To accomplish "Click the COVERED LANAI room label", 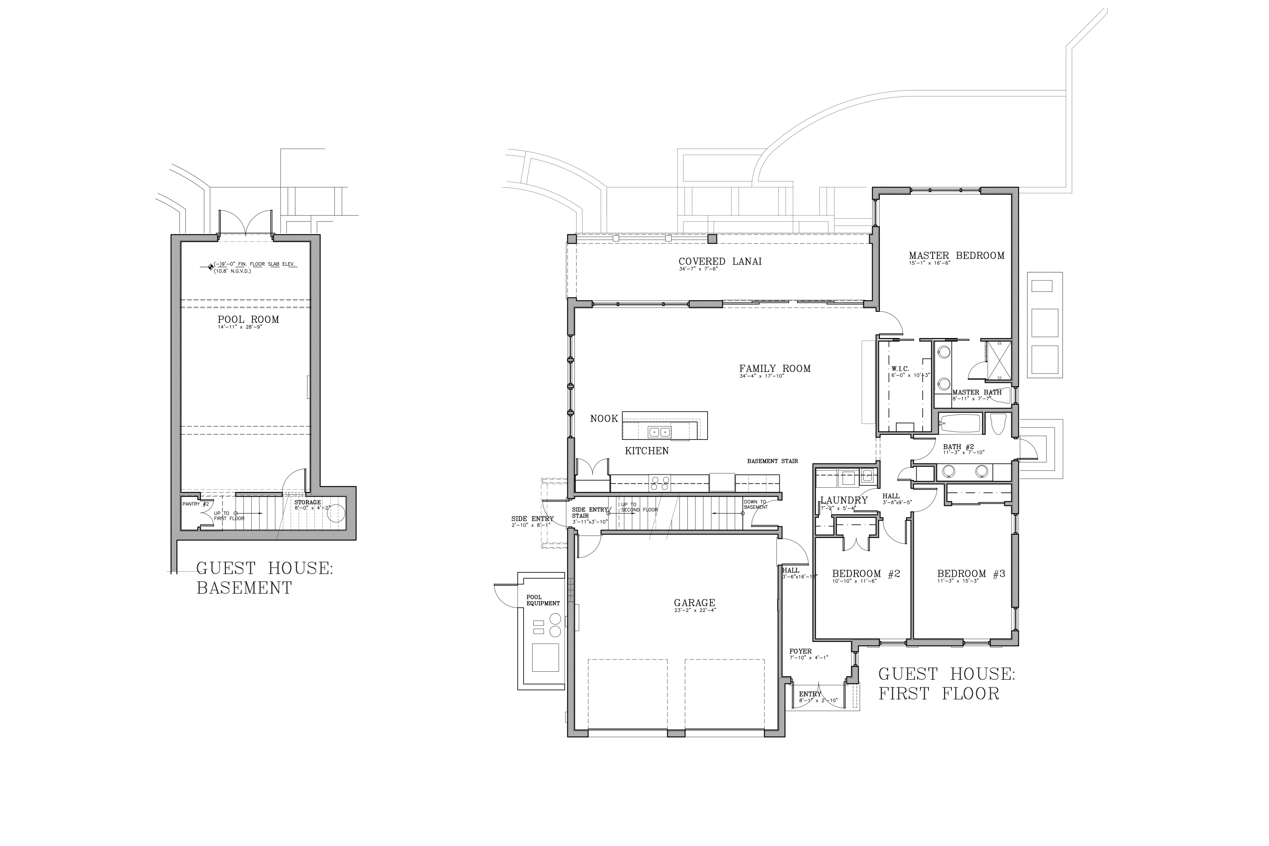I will [720, 262].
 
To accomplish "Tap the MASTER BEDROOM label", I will [956, 256].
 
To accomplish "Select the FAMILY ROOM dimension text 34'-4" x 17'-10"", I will [761, 376].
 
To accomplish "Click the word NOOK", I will [604, 419].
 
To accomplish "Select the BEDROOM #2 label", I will [865, 574].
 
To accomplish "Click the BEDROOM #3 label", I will [971, 574].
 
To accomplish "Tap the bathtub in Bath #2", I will [960, 423].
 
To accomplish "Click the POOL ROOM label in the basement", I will [248, 320].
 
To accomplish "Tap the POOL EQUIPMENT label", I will [543, 601].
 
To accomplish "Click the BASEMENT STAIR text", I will [772, 461].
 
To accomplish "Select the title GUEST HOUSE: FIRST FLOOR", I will [946, 684].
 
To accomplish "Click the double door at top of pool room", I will [245, 224].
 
